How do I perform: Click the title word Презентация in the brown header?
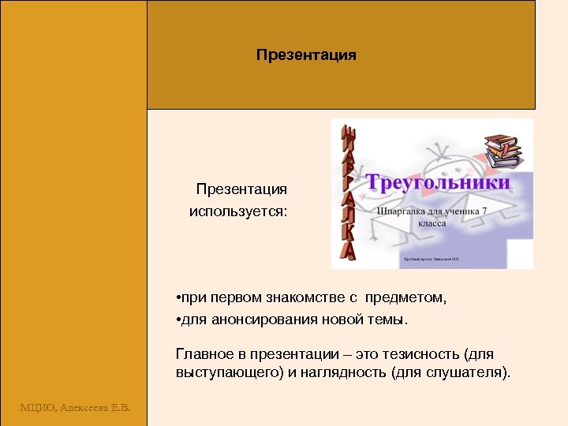point(306,55)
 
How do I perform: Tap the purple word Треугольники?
point(439,183)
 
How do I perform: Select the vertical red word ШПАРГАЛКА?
point(348,193)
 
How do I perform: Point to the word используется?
point(238,211)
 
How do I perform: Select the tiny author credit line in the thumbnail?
point(431,259)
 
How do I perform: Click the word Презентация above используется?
point(241,189)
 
